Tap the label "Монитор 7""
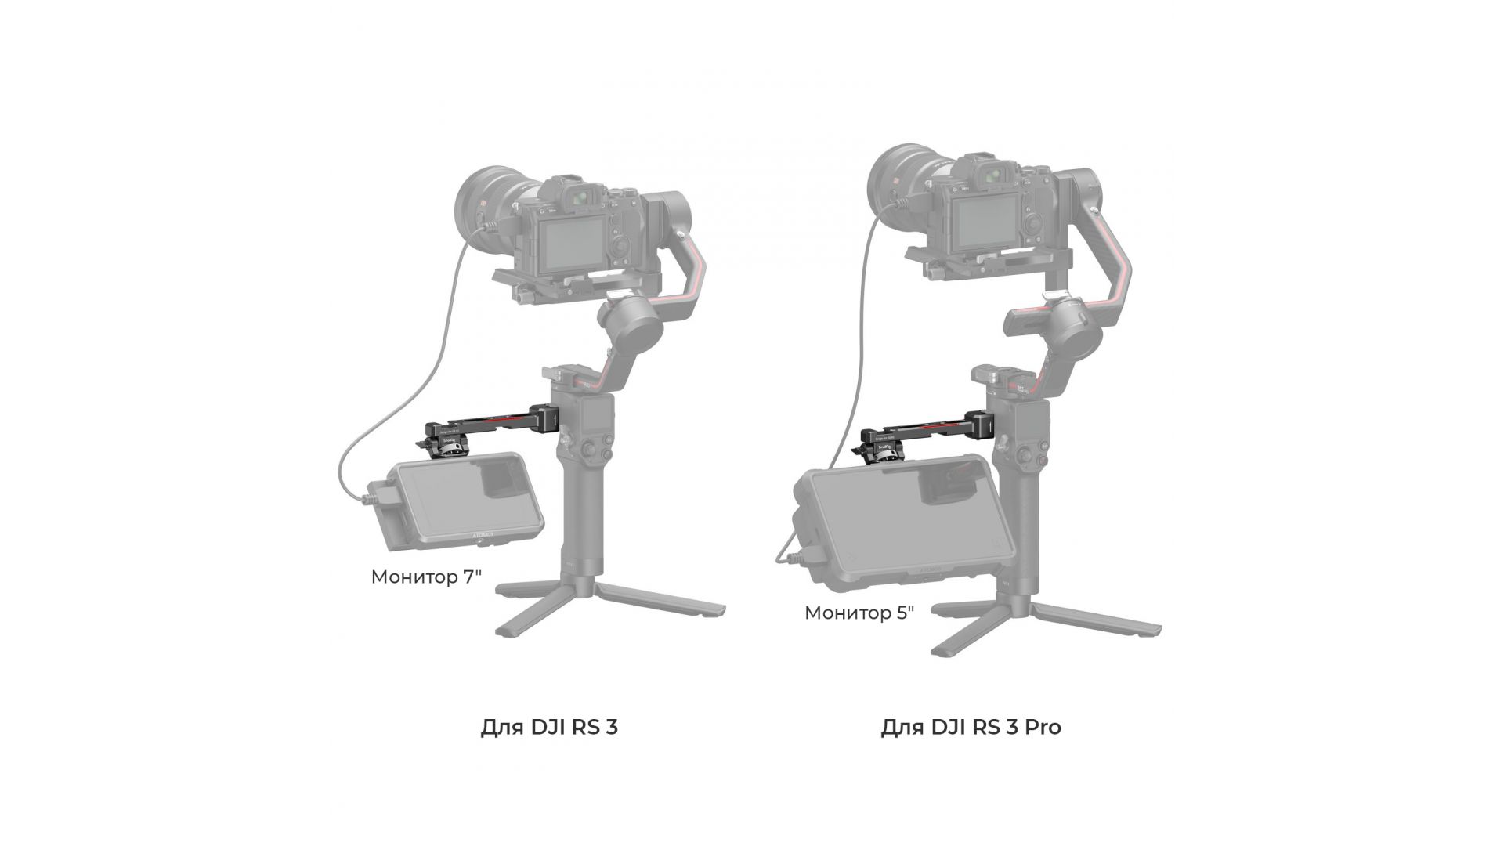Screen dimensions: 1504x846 tap(426, 577)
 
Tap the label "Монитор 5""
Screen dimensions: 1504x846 tap(859, 613)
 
